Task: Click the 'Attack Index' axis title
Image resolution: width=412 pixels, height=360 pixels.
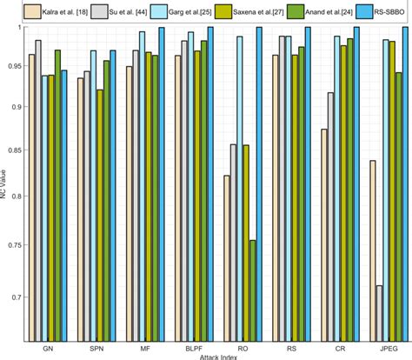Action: [x=216, y=356]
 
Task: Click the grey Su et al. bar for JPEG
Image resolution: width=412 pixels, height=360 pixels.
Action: [x=379, y=312]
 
